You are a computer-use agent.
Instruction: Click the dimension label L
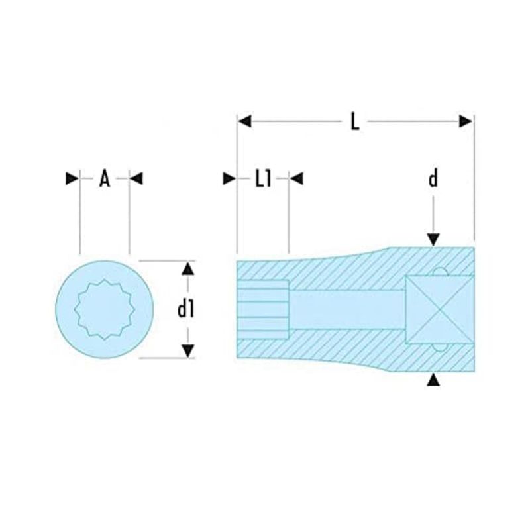click(354, 121)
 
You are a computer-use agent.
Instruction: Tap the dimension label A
click(105, 178)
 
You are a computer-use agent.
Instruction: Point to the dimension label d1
click(186, 309)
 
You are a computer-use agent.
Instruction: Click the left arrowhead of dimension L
click(244, 121)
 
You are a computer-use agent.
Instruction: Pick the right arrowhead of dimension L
click(466, 121)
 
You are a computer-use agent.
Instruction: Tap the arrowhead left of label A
click(72, 178)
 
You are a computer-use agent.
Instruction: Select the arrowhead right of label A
click(136, 178)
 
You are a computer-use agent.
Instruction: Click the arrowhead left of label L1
click(229, 178)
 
